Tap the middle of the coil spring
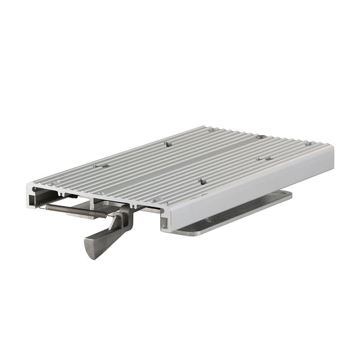pos(74,211)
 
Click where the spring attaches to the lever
pos(108,215)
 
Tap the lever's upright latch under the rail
pos(124,220)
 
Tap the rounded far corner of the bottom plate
pos(289,195)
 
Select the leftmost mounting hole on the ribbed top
pos(101,165)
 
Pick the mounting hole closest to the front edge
pos(157,200)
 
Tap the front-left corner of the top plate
pos(33,184)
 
